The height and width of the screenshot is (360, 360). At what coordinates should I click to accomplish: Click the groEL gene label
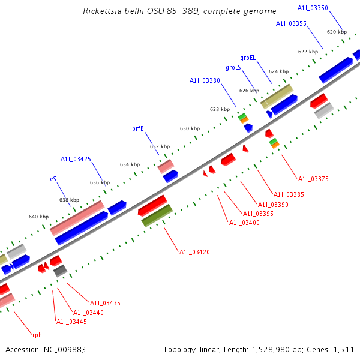pos(248,58)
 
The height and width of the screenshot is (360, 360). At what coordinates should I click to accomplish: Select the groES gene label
pos(233,68)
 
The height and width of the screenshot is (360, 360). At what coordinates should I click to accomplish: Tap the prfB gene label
pos(138,128)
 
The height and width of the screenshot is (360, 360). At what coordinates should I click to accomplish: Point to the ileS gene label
pos(52,179)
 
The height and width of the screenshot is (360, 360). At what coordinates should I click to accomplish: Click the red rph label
pos(37,335)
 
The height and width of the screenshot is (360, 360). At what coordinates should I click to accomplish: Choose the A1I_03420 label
pos(194,252)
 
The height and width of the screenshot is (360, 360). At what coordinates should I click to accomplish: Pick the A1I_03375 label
pos(313,179)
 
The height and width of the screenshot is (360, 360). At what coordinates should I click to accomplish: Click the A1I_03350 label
pos(313,8)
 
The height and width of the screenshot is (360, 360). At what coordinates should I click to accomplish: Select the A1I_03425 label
pos(76,159)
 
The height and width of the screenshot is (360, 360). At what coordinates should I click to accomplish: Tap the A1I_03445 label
pos(71,322)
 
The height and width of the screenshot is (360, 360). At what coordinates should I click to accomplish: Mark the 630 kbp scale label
pos(190,128)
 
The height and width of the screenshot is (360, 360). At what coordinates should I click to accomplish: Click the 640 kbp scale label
pos(38,217)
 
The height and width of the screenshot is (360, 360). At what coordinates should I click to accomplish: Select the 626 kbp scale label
pos(248,91)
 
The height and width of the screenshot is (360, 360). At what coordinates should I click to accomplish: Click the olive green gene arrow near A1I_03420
pos(157,216)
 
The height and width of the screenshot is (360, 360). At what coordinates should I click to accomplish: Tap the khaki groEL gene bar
pos(277,96)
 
